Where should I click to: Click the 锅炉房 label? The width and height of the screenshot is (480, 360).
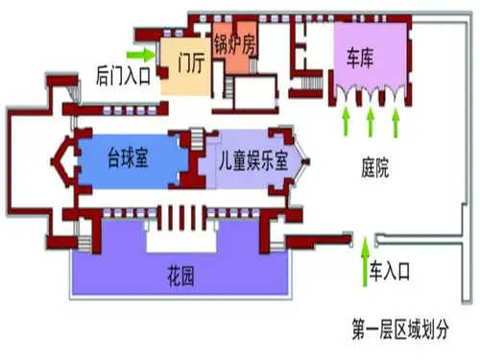(x=235, y=42)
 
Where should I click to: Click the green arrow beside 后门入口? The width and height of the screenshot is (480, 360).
(x=141, y=52)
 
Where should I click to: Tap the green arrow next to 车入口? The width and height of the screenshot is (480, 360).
(x=363, y=263)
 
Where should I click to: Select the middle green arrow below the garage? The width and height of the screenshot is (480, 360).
(x=372, y=120)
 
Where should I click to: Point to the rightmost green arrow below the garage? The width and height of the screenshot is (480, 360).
(x=397, y=120)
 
